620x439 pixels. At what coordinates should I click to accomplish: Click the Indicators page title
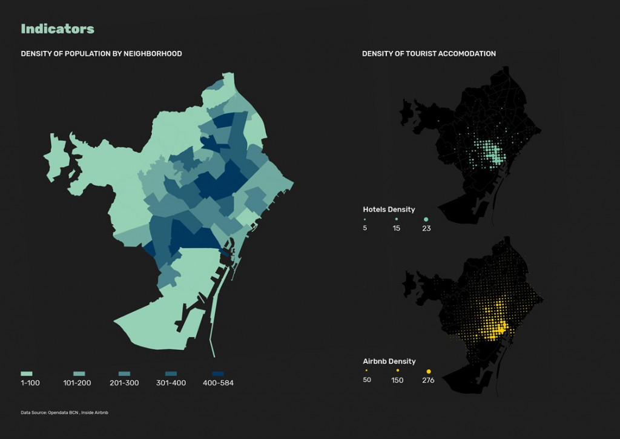pos(58,28)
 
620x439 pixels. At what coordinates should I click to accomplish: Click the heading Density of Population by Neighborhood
pos(101,54)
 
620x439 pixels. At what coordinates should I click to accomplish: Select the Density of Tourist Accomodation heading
pos(429,54)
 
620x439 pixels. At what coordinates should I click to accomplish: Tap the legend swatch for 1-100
pos(27,374)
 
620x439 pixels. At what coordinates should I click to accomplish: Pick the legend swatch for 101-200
pos(79,374)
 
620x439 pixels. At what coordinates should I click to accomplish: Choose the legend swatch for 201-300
pos(125,374)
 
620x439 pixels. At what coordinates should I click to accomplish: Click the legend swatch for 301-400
pos(171,374)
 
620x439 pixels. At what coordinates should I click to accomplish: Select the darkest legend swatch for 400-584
pos(218,374)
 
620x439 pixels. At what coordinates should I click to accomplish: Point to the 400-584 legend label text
pos(218,383)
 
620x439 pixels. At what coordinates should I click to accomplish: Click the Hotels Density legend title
pos(388,210)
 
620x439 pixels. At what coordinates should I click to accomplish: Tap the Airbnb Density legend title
pos(389,361)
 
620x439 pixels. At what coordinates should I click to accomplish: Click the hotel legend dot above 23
pos(426,219)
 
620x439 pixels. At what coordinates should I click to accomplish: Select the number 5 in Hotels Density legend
pos(364,228)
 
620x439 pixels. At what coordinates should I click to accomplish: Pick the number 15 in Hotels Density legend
pos(397,228)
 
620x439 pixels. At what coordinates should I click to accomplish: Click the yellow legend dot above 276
pos(429,371)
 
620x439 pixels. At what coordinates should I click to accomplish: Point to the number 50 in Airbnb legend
pos(367,380)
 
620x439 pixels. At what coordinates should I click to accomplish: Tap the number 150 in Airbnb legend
pos(398,380)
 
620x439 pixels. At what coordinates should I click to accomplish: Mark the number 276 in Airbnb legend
pos(429,380)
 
